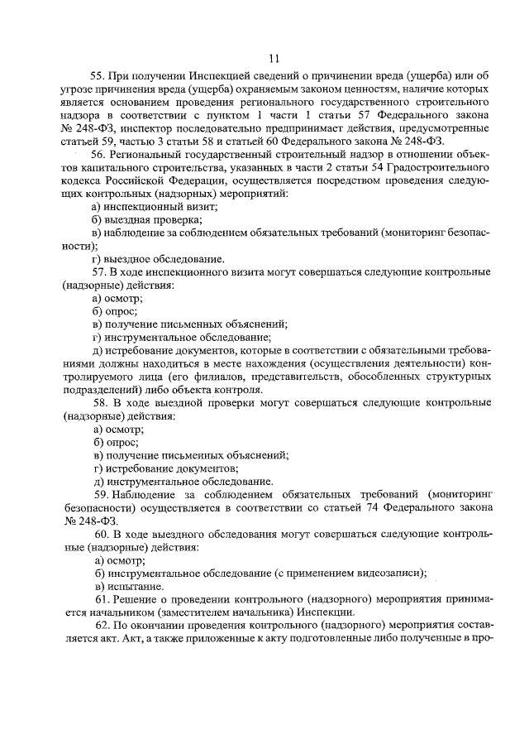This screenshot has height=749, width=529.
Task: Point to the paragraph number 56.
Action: tap(99, 155)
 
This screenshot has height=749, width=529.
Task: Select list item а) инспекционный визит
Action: tap(155, 207)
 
